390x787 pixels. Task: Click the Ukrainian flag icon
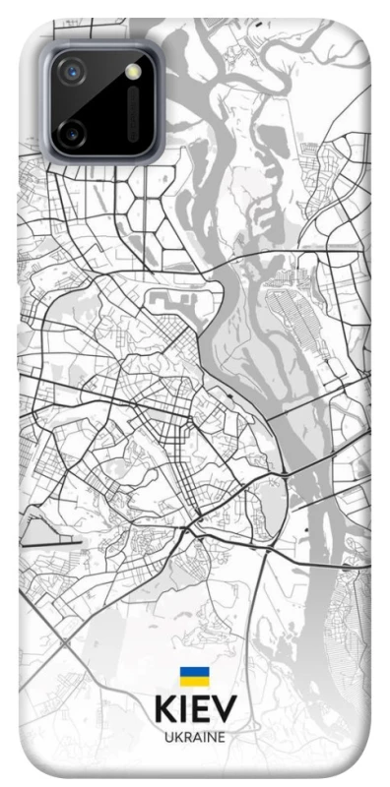coord(194,676)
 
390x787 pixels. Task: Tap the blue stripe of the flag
coord(194,671)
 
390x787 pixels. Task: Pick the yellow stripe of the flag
coord(194,681)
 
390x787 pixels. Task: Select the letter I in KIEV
coord(183,710)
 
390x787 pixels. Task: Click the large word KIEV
coord(195,710)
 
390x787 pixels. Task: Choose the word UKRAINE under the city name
coord(195,737)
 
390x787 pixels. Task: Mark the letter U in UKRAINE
coord(169,737)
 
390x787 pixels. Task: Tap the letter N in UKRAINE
coord(211,737)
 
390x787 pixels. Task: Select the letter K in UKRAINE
coord(177,737)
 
